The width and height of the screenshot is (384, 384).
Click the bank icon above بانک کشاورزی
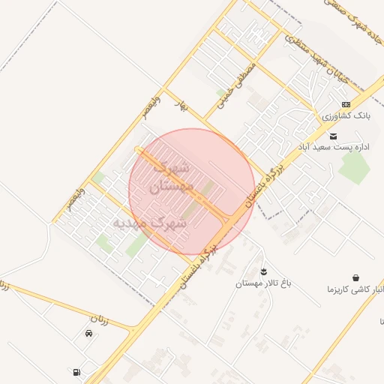[x=346, y=104]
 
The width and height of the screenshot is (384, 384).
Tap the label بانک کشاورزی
[x=346, y=116]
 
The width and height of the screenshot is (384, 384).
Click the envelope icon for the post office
[x=333, y=136]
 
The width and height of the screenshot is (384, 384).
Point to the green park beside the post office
[x=354, y=166]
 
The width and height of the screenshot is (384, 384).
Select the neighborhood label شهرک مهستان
[x=172, y=177]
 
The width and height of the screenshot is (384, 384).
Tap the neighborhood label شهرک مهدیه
[x=151, y=223]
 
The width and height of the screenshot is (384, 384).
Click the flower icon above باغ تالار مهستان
[x=264, y=271]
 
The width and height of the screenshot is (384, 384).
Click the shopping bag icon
[x=354, y=277]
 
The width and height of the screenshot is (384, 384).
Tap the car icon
[x=89, y=334]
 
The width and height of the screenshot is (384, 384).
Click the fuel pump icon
[x=76, y=372]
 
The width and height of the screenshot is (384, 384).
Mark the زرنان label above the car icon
[x=100, y=320]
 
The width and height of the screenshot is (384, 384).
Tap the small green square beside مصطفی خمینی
[x=221, y=93]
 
